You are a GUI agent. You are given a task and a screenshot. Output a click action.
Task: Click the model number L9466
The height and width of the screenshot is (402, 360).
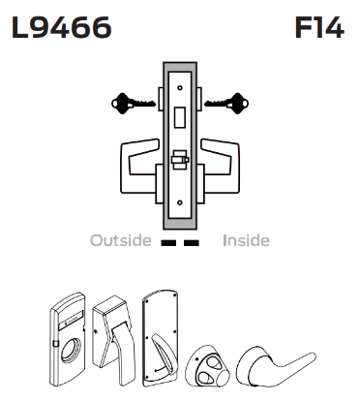(x=61, y=28)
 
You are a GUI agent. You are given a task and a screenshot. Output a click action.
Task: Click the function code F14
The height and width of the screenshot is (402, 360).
(x=317, y=28)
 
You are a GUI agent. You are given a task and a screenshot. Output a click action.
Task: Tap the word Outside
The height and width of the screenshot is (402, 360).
(x=120, y=240)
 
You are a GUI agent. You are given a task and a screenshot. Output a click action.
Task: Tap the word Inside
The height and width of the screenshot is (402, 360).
(x=246, y=240)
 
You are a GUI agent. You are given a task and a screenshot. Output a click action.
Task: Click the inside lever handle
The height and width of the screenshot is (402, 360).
(x=228, y=156)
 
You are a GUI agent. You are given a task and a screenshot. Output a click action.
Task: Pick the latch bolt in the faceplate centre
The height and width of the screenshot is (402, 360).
(x=180, y=157)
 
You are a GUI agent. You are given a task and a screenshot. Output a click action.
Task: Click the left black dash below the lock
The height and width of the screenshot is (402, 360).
(x=168, y=242)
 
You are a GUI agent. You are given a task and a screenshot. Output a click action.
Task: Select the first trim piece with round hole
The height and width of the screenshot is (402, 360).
(x=71, y=330)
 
